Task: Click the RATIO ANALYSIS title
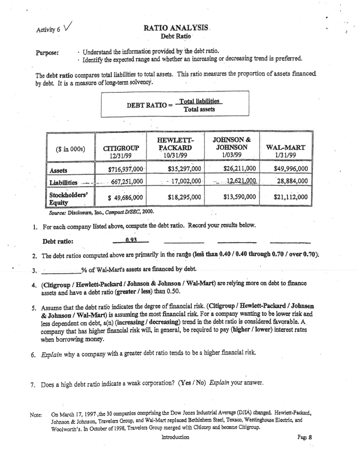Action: [x=176, y=28]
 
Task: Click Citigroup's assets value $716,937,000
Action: [x=126, y=169]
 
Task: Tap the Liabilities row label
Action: [x=63, y=182]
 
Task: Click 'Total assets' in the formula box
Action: [x=199, y=109]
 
